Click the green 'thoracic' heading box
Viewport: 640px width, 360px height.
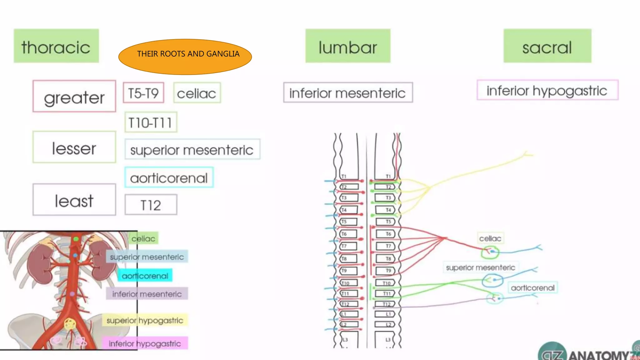point(56,46)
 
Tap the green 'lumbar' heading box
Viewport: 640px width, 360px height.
point(348,46)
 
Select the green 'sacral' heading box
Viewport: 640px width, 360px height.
point(547,46)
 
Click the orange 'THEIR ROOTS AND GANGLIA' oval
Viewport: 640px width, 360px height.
point(185,57)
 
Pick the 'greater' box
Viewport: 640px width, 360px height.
point(74,96)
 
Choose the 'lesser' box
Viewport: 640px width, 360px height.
point(74,147)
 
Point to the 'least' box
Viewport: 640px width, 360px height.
point(74,200)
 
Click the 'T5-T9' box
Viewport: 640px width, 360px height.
point(143,93)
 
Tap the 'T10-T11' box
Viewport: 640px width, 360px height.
point(151,122)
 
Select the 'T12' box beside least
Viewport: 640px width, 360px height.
point(151,205)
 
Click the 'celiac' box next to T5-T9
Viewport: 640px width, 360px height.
point(197,93)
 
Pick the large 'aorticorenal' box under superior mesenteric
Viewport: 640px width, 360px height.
point(169,177)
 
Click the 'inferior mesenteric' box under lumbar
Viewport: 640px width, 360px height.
point(348,92)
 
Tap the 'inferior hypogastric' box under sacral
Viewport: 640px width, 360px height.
point(547,90)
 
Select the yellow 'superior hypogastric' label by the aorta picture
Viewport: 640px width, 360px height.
point(145,320)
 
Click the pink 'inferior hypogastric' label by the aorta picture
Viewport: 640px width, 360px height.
point(145,343)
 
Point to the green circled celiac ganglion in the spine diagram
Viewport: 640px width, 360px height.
point(490,252)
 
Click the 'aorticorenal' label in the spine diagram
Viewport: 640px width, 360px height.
point(533,287)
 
